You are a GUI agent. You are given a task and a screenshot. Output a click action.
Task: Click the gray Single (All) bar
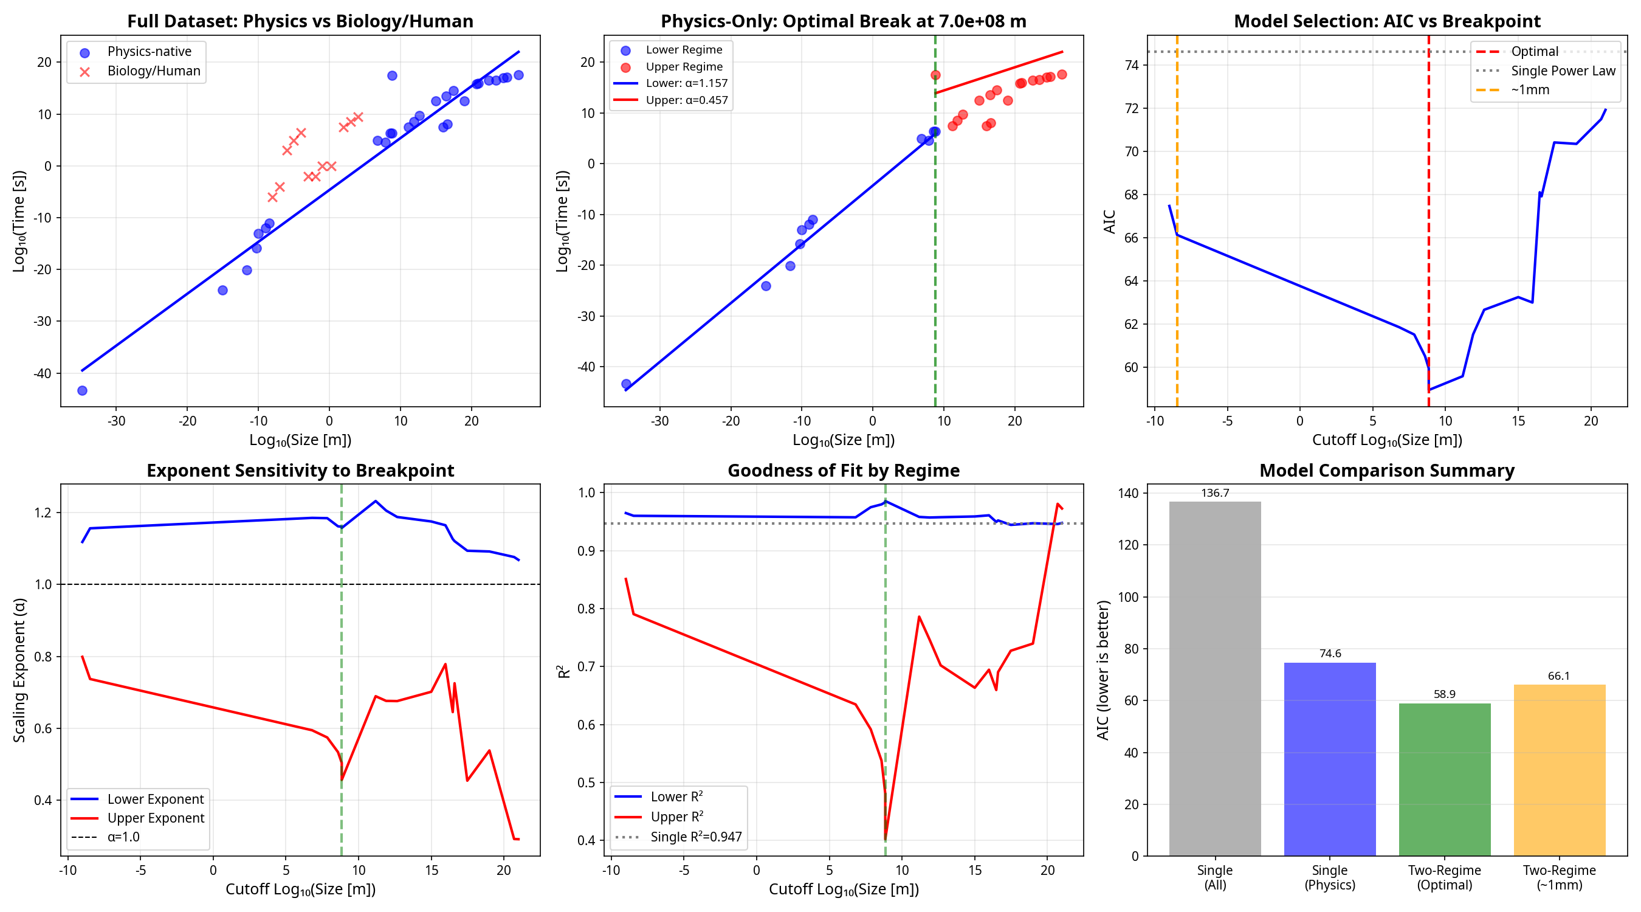coord(1214,679)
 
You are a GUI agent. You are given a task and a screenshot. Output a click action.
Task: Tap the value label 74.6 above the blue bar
coord(1329,653)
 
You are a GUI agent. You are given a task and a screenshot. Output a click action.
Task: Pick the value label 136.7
coord(1214,492)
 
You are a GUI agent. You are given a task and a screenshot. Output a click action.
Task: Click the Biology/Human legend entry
coord(153,71)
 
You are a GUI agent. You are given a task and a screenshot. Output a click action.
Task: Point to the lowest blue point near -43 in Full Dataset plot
coord(81,390)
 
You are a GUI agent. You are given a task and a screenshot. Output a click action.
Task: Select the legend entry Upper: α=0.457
coord(686,100)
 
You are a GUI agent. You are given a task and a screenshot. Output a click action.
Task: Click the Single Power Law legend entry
coord(1562,71)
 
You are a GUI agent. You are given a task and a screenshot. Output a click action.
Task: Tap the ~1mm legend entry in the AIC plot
coord(1530,90)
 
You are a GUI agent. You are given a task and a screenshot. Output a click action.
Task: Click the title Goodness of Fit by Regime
coord(843,471)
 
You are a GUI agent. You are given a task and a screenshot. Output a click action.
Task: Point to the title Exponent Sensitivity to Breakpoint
coord(300,471)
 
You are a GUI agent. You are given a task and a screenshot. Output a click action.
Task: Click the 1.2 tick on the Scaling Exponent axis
coord(43,513)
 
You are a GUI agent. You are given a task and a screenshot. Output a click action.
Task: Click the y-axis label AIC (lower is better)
coord(1103,669)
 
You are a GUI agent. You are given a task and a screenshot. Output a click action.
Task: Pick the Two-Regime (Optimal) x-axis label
coord(1444,877)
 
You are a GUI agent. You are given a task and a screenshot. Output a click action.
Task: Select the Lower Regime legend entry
coord(683,50)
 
